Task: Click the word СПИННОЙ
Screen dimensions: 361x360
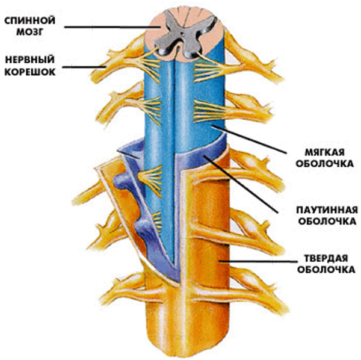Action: pos(30,20)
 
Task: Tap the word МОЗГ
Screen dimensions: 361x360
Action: pos(30,32)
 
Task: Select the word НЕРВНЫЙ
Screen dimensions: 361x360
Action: pos(30,60)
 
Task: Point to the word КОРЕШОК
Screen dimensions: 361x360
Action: pos(30,72)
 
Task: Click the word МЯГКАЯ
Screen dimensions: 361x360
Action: pos(325,152)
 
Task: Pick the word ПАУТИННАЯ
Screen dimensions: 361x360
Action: pos(327,210)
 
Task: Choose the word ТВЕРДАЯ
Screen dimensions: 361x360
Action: pos(326,258)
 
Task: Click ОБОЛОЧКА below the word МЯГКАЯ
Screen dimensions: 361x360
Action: pos(325,164)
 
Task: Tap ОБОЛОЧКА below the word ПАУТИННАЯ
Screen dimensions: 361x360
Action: pos(327,222)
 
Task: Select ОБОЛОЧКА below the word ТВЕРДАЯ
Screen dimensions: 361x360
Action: pos(326,270)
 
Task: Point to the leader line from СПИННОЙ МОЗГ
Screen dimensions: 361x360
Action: pos(113,27)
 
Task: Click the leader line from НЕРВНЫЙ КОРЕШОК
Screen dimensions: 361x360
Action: pos(84,67)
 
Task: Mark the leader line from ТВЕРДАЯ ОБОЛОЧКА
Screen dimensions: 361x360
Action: pos(258,261)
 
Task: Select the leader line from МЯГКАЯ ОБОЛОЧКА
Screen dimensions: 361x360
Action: pos(249,139)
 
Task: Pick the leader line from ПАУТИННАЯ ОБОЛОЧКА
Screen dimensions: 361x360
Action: pos(241,184)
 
